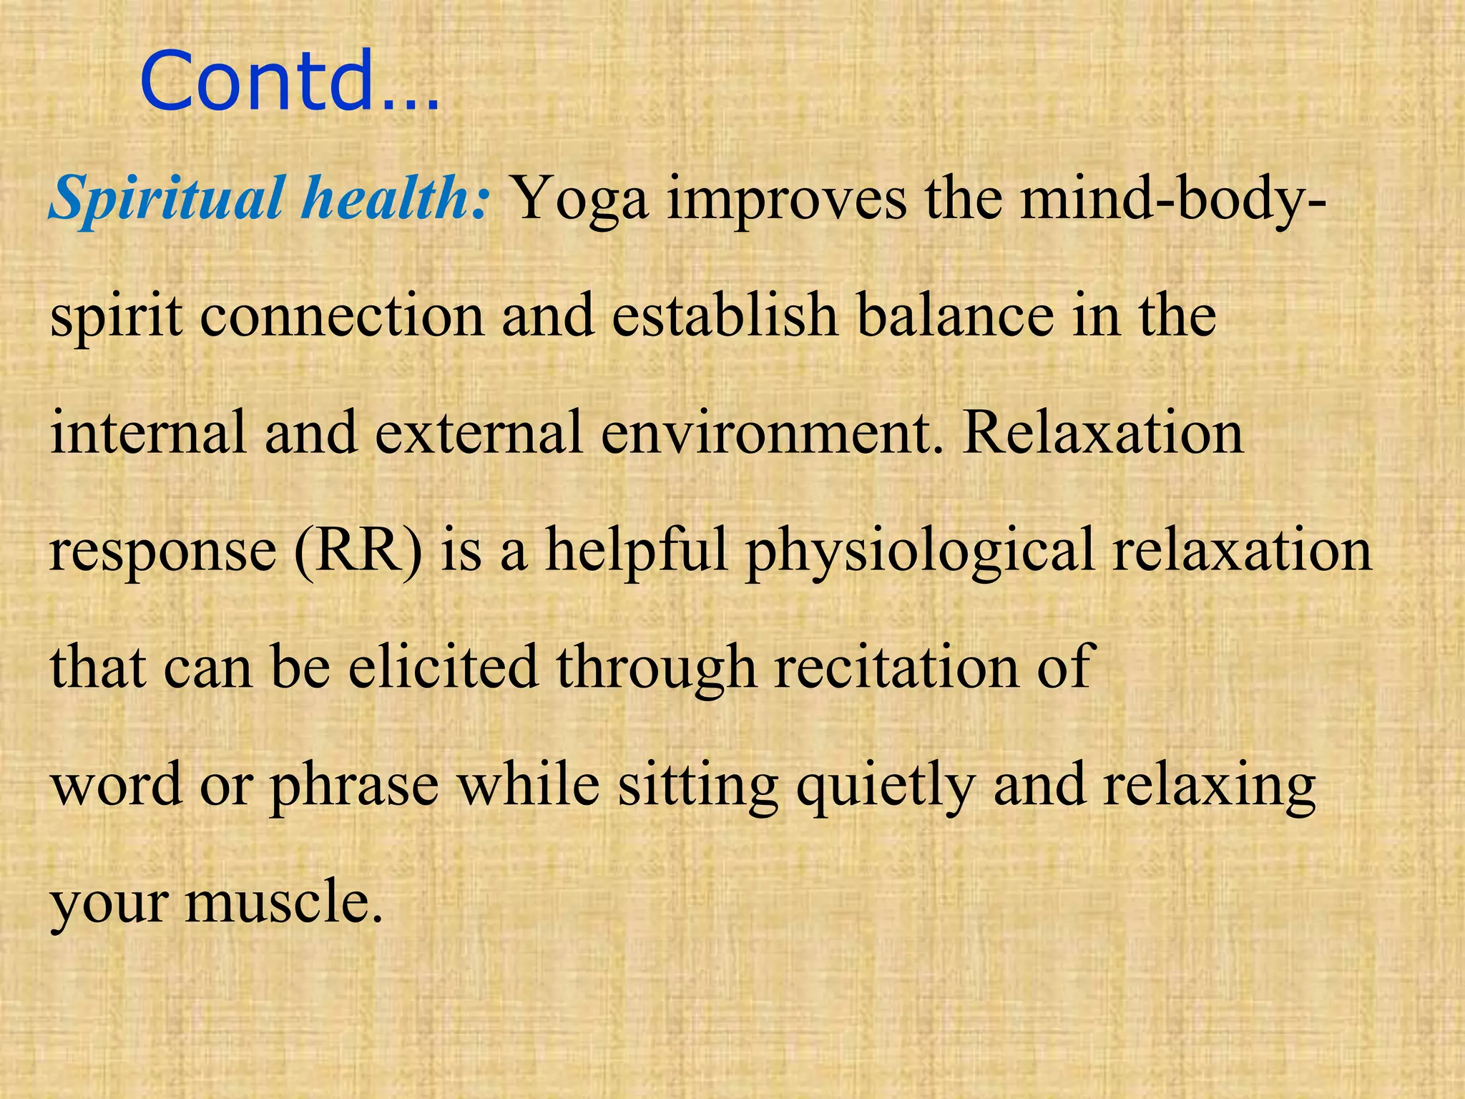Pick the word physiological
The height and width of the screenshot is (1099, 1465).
click(920, 552)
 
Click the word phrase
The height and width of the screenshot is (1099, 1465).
click(354, 786)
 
